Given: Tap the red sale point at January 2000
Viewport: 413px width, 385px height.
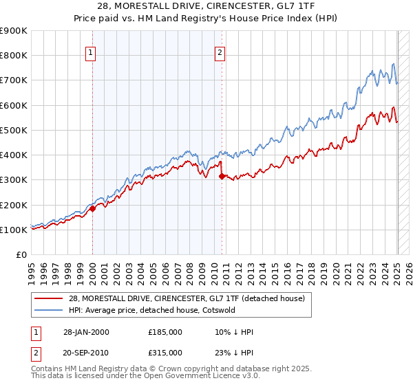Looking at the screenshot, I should [x=92, y=208].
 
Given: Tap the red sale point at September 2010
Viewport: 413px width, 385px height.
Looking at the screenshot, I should [x=222, y=176].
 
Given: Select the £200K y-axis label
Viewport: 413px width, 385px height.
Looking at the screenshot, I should [x=14, y=205].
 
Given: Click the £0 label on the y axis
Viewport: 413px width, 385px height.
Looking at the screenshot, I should [x=21, y=255].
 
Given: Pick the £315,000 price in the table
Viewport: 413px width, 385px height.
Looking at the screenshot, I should [x=165, y=353].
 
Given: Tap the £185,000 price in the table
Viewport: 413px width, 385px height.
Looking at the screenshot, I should [x=165, y=332].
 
